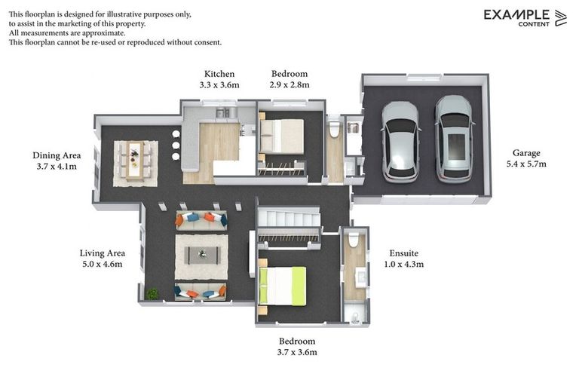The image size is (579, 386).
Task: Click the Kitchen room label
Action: click(x=219, y=74)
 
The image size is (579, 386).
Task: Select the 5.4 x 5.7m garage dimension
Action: click(x=526, y=164)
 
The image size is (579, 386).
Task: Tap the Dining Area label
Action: click(x=57, y=155)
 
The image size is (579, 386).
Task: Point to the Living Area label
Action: click(x=103, y=253)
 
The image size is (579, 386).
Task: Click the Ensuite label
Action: click(x=403, y=253)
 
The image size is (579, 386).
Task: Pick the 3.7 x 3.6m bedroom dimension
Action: click(x=297, y=352)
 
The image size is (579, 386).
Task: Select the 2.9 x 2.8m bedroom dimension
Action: click(x=289, y=85)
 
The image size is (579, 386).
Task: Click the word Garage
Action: click(x=526, y=153)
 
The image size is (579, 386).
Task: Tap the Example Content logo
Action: click(x=525, y=17)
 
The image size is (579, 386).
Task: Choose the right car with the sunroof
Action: click(x=454, y=139)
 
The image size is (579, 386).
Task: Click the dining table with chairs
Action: click(x=135, y=161)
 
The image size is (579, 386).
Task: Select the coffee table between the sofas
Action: click(x=201, y=254)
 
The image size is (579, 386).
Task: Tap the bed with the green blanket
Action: click(x=283, y=286)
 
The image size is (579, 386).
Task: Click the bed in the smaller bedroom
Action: click(x=280, y=136)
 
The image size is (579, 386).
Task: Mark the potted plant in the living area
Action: click(x=153, y=293)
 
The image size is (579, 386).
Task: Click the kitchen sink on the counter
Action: click(x=222, y=113)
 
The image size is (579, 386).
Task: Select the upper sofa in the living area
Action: click(x=201, y=219)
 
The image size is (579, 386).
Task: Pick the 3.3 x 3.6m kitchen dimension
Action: click(x=219, y=85)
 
